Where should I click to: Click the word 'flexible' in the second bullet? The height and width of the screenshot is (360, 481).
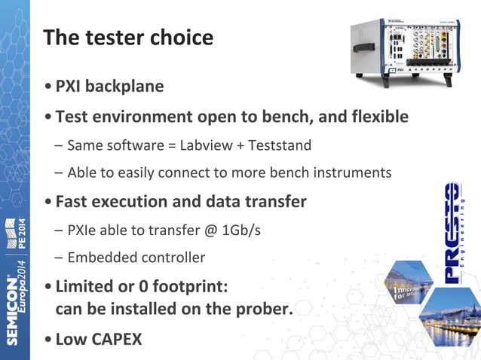(x=375, y=117)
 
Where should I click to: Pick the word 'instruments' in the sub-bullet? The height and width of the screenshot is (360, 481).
(x=354, y=172)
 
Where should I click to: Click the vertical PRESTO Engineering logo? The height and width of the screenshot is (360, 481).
(x=452, y=233)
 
